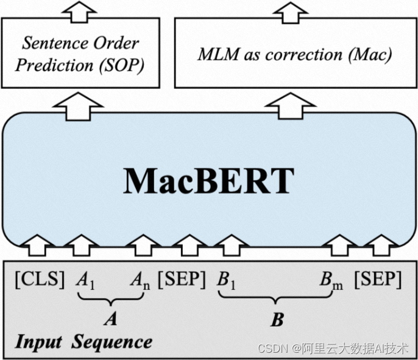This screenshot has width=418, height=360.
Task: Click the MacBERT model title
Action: pos(209,180)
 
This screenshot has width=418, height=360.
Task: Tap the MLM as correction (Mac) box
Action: pos(295,54)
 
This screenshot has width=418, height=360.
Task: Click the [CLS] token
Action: pos(40,280)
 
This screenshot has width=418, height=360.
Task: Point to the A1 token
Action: pos(85,281)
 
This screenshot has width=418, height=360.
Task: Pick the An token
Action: pos(141,281)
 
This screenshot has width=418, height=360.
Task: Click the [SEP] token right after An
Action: pos(182,280)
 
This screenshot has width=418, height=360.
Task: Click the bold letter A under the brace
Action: pos(110,319)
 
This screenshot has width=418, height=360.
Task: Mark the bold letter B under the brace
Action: pos(277,320)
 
